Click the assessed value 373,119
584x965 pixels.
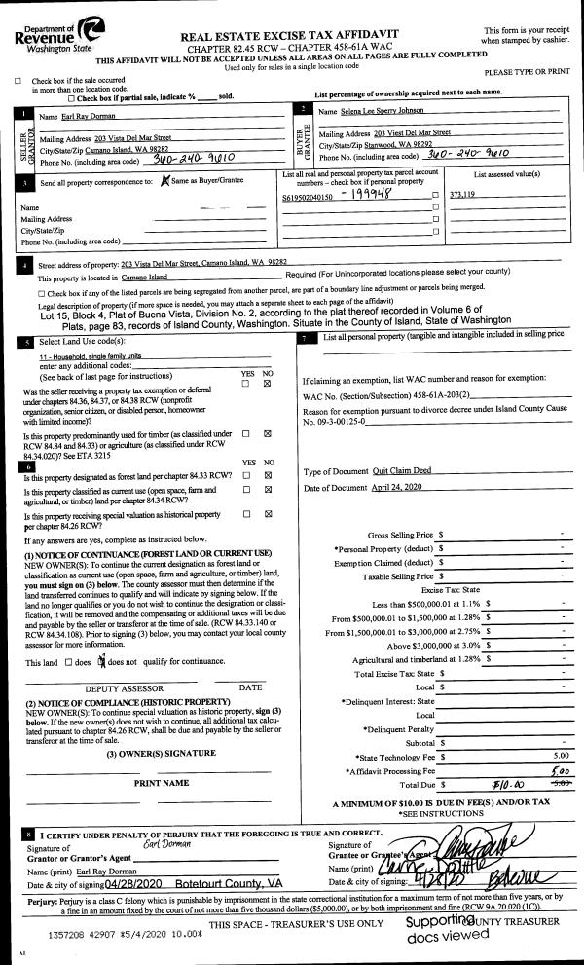pos(463,195)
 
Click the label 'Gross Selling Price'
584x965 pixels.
pos(397,535)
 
